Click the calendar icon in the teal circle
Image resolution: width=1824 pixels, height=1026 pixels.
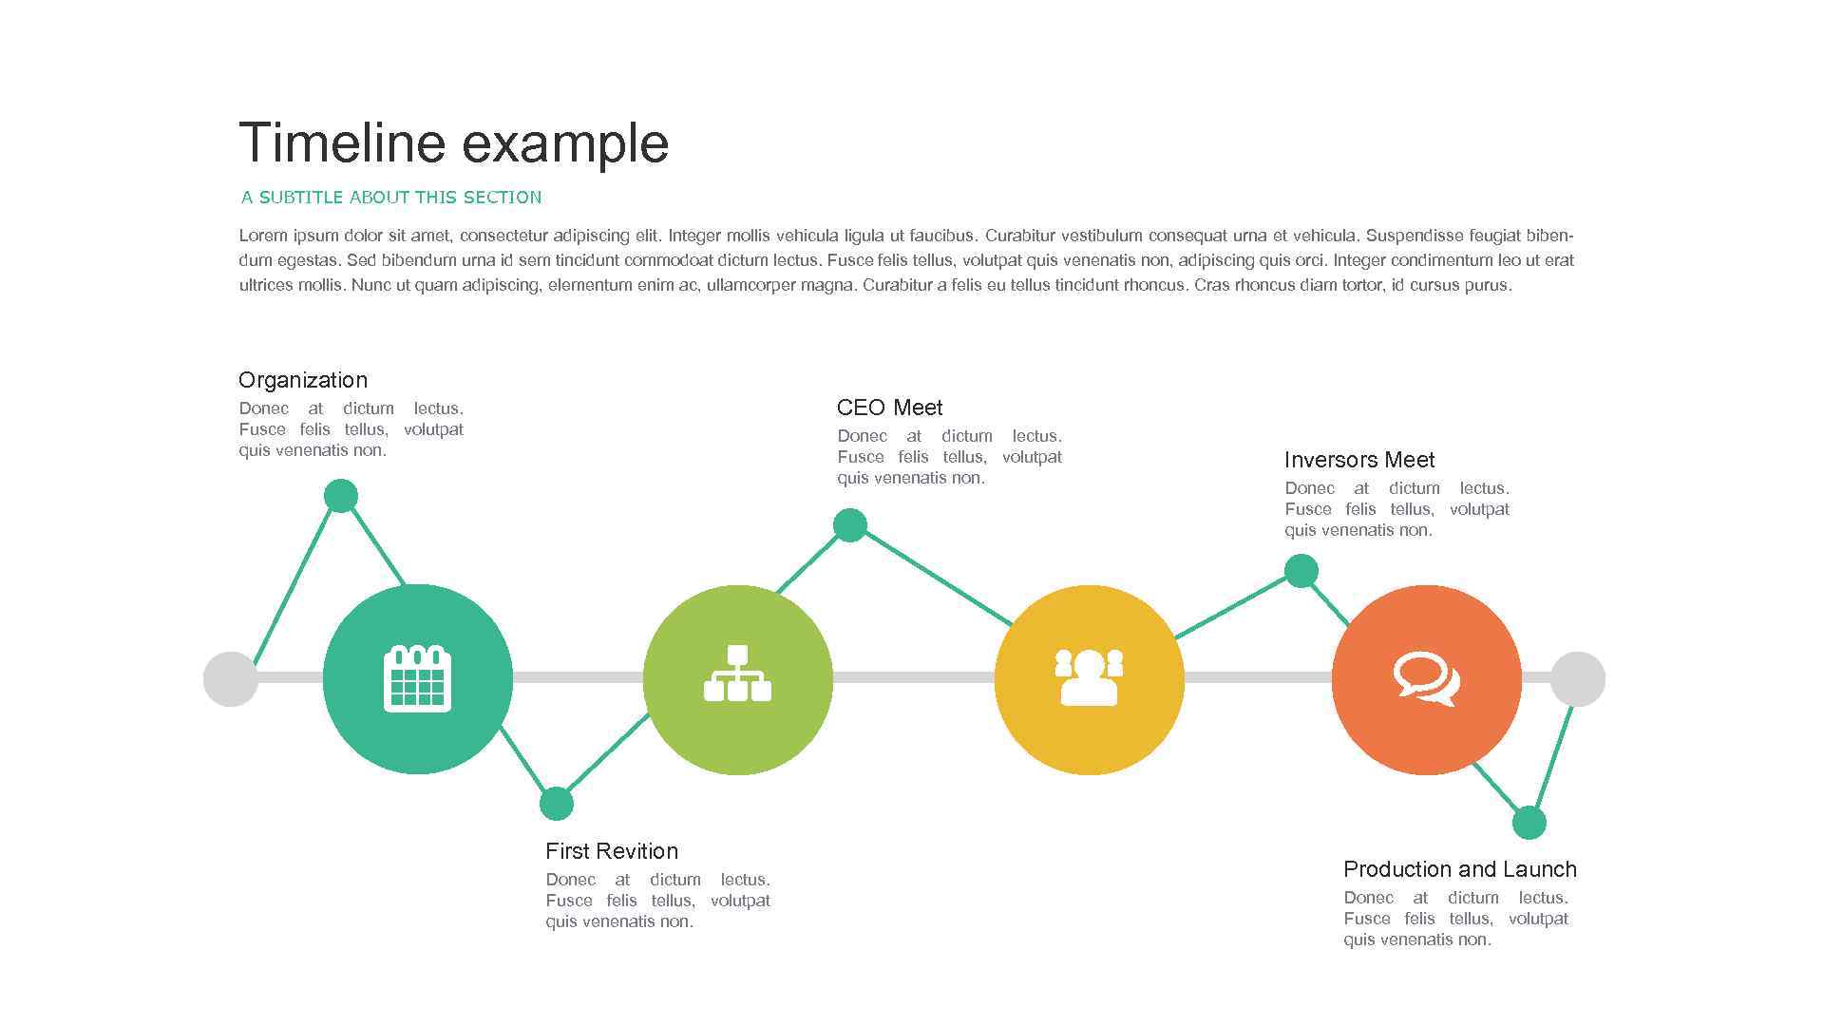click(x=417, y=678)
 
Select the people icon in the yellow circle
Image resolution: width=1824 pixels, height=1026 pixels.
click(x=1089, y=677)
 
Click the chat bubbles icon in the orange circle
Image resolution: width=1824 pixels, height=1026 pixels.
click(x=1426, y=678)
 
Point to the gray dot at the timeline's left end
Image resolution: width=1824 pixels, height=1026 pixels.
click(x=231, y=679)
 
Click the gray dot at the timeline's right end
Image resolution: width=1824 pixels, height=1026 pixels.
click(x=1577, y=679)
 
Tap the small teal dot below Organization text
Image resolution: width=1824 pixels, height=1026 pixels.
click(x=341, y=496)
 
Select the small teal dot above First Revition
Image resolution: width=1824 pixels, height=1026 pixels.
click(x=557, y=804)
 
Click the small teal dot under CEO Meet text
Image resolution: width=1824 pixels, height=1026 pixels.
click(x=850, y=524)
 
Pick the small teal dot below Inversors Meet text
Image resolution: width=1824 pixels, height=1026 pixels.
click(x=1301, y=571)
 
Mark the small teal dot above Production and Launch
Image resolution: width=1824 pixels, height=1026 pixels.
click(x=1529, y=823)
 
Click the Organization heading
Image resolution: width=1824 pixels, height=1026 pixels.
click(x=303, y=380)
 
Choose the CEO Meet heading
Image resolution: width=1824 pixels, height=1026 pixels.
click(x=889, y=408)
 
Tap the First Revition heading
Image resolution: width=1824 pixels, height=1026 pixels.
click(x=612, y=851)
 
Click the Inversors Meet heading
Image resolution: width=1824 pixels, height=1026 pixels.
click(x=1359, y=460)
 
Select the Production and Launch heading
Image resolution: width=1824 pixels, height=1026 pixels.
click(x=1460, y=869)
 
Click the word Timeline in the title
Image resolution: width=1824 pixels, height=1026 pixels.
click(x=342, y=143)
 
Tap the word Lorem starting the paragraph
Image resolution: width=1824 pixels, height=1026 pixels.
click(x=263, y=236)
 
